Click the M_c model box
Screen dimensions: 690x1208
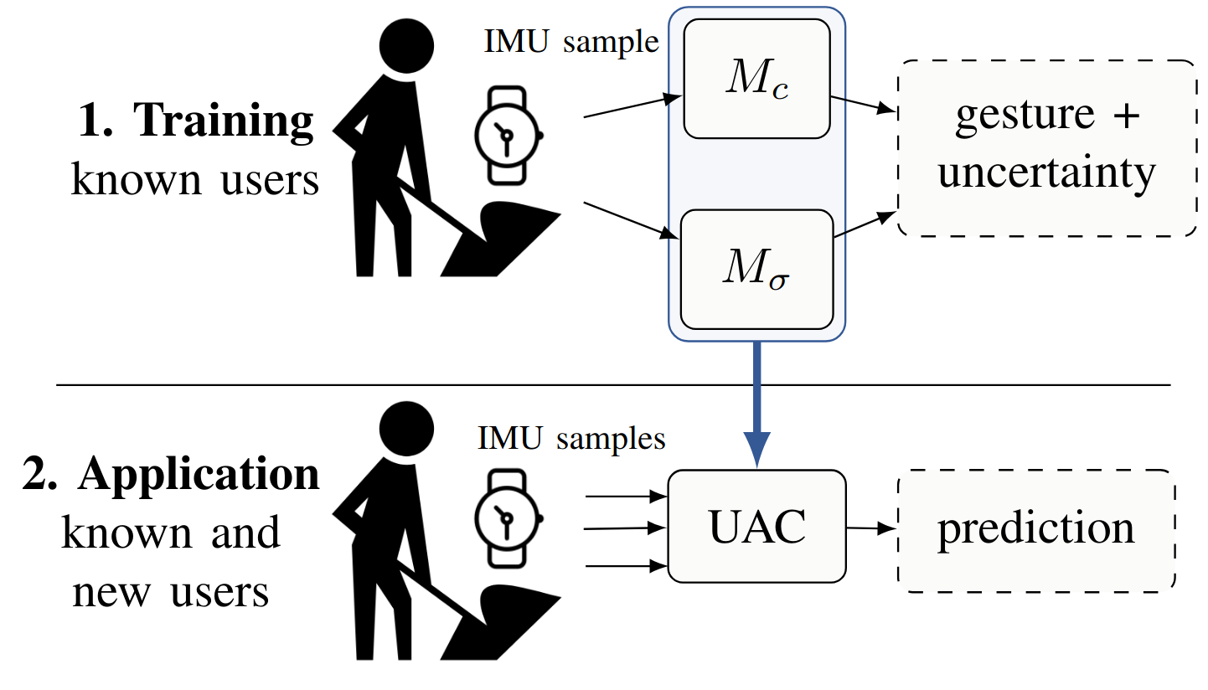click(756, 78)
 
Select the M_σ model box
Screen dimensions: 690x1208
click(756, 270)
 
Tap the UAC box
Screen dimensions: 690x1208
click(756, 526)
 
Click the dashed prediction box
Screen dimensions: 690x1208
click(1035, 530)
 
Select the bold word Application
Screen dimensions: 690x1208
click(199, 475)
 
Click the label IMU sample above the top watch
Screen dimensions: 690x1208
click(571, 43)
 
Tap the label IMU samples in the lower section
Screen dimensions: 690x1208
click(571, 438)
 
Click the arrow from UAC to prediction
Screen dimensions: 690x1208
click(871, 528)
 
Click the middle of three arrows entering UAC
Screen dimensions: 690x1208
click(625, 529)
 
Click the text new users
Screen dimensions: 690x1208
click(171, 593)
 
